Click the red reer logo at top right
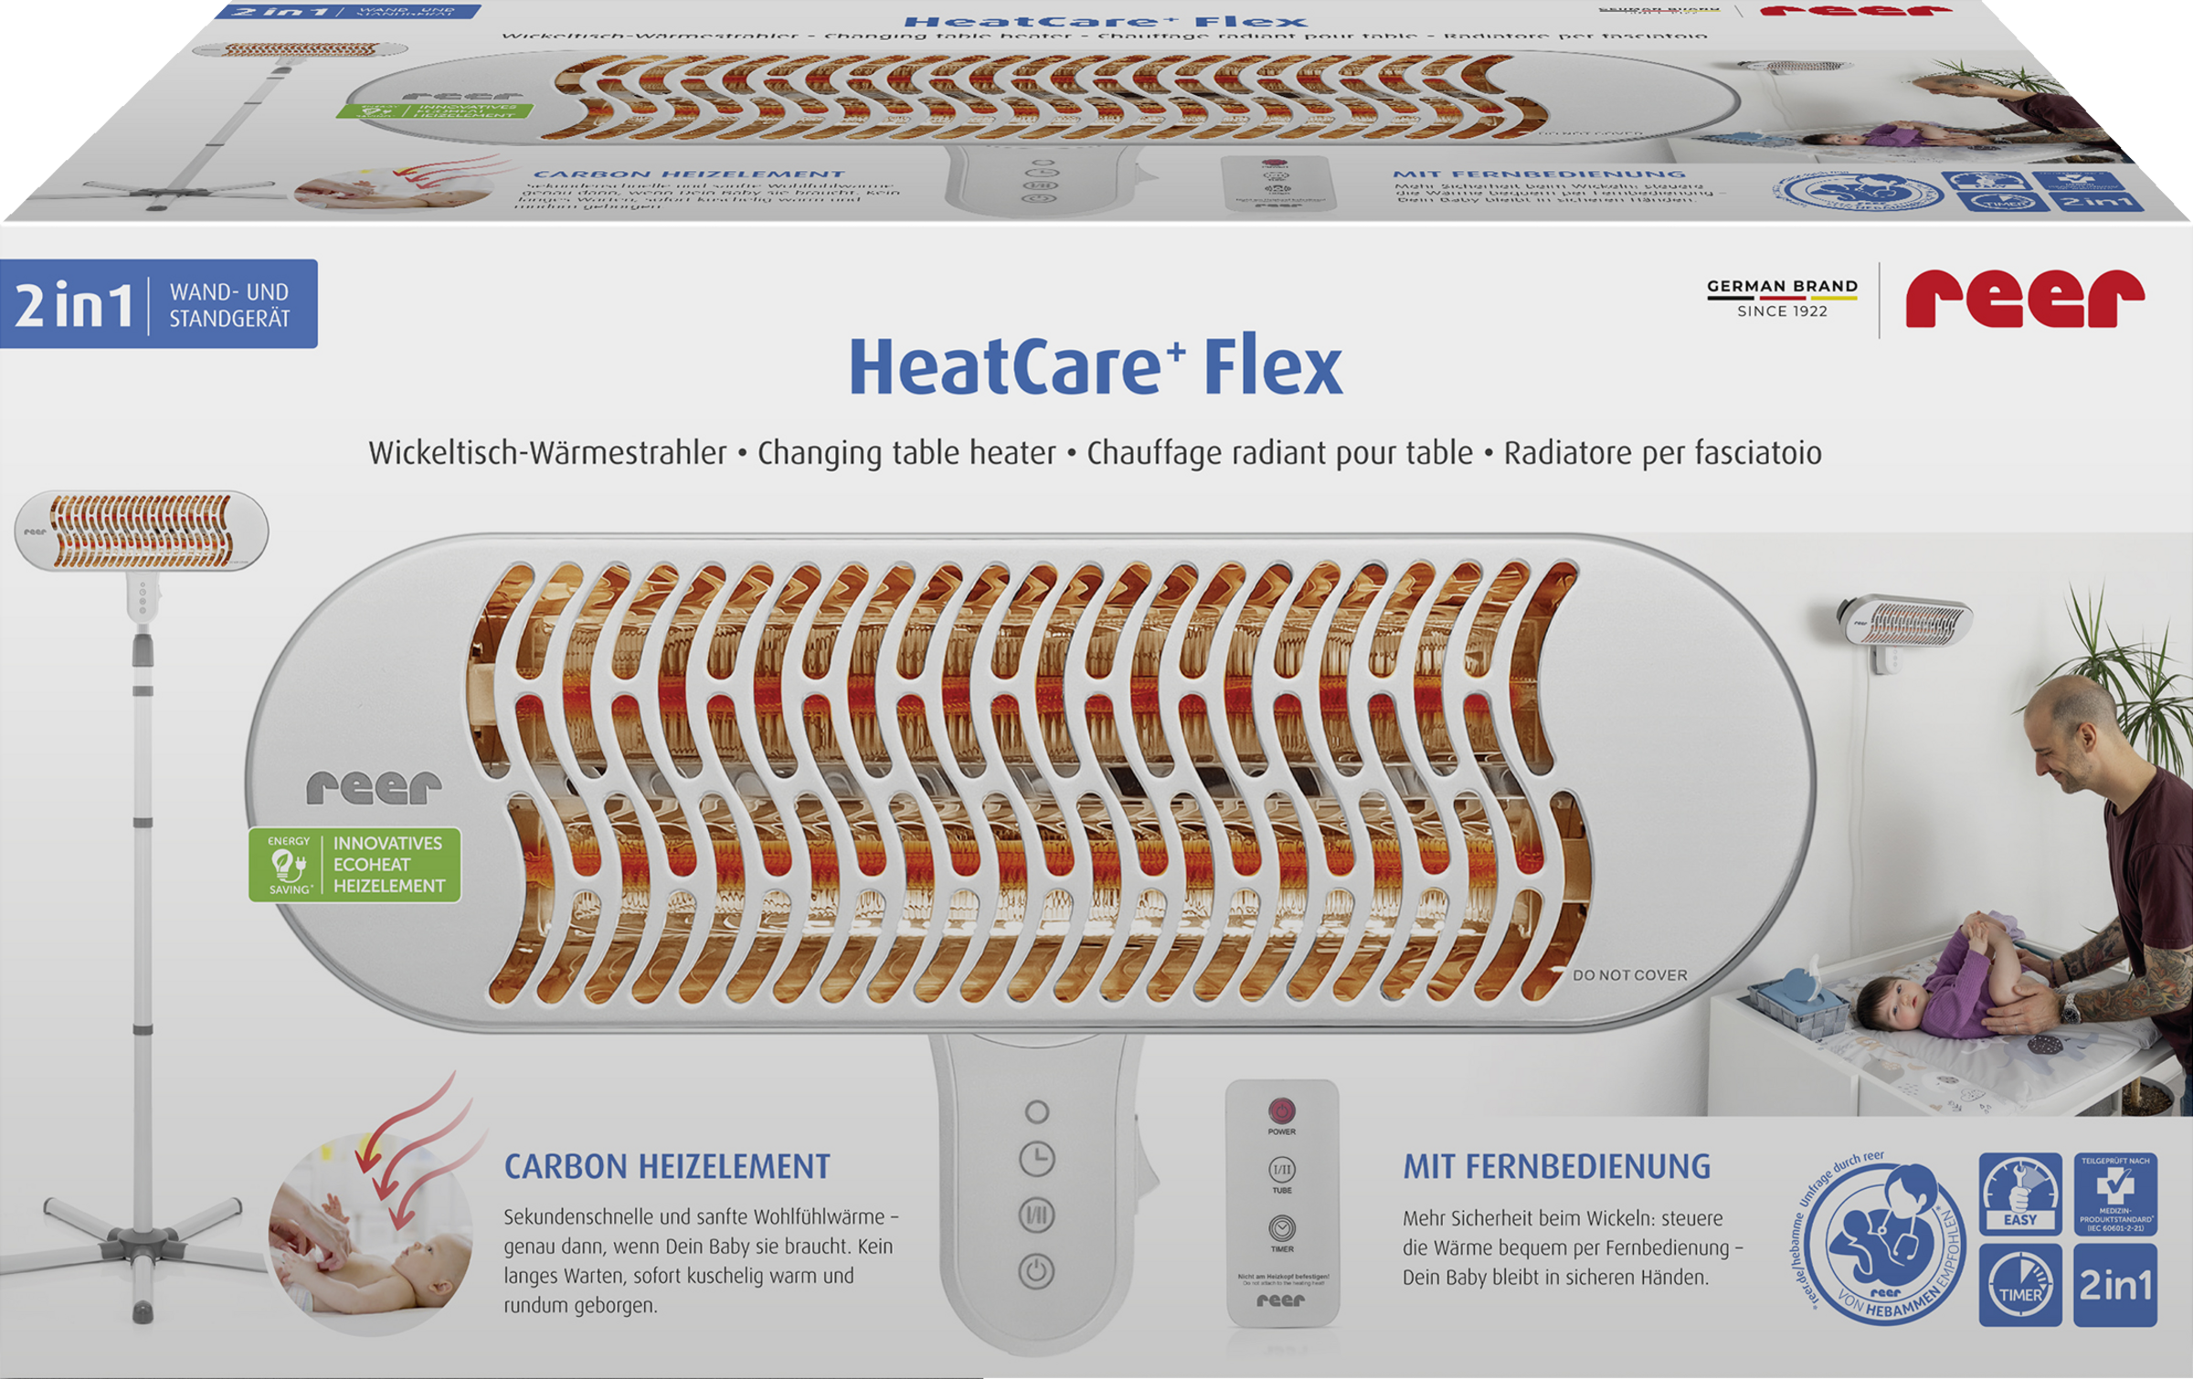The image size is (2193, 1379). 2024,298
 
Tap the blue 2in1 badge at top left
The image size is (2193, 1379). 158,304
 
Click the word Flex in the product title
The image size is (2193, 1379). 1273,367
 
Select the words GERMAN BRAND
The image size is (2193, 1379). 1782,286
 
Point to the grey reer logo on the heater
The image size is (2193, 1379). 374,788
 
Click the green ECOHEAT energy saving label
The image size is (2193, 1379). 355,865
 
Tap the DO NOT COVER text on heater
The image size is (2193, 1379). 1629,975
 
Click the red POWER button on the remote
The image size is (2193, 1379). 1281,1111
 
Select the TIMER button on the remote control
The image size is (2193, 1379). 1281,1227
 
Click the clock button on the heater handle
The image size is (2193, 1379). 1037,1159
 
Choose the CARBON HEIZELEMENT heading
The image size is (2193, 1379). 667,1167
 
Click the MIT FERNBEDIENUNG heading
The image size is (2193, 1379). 1556,1167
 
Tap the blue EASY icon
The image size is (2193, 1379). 2019,1193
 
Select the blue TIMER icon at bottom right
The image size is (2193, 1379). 2019,1284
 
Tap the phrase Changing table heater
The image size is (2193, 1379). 906,453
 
